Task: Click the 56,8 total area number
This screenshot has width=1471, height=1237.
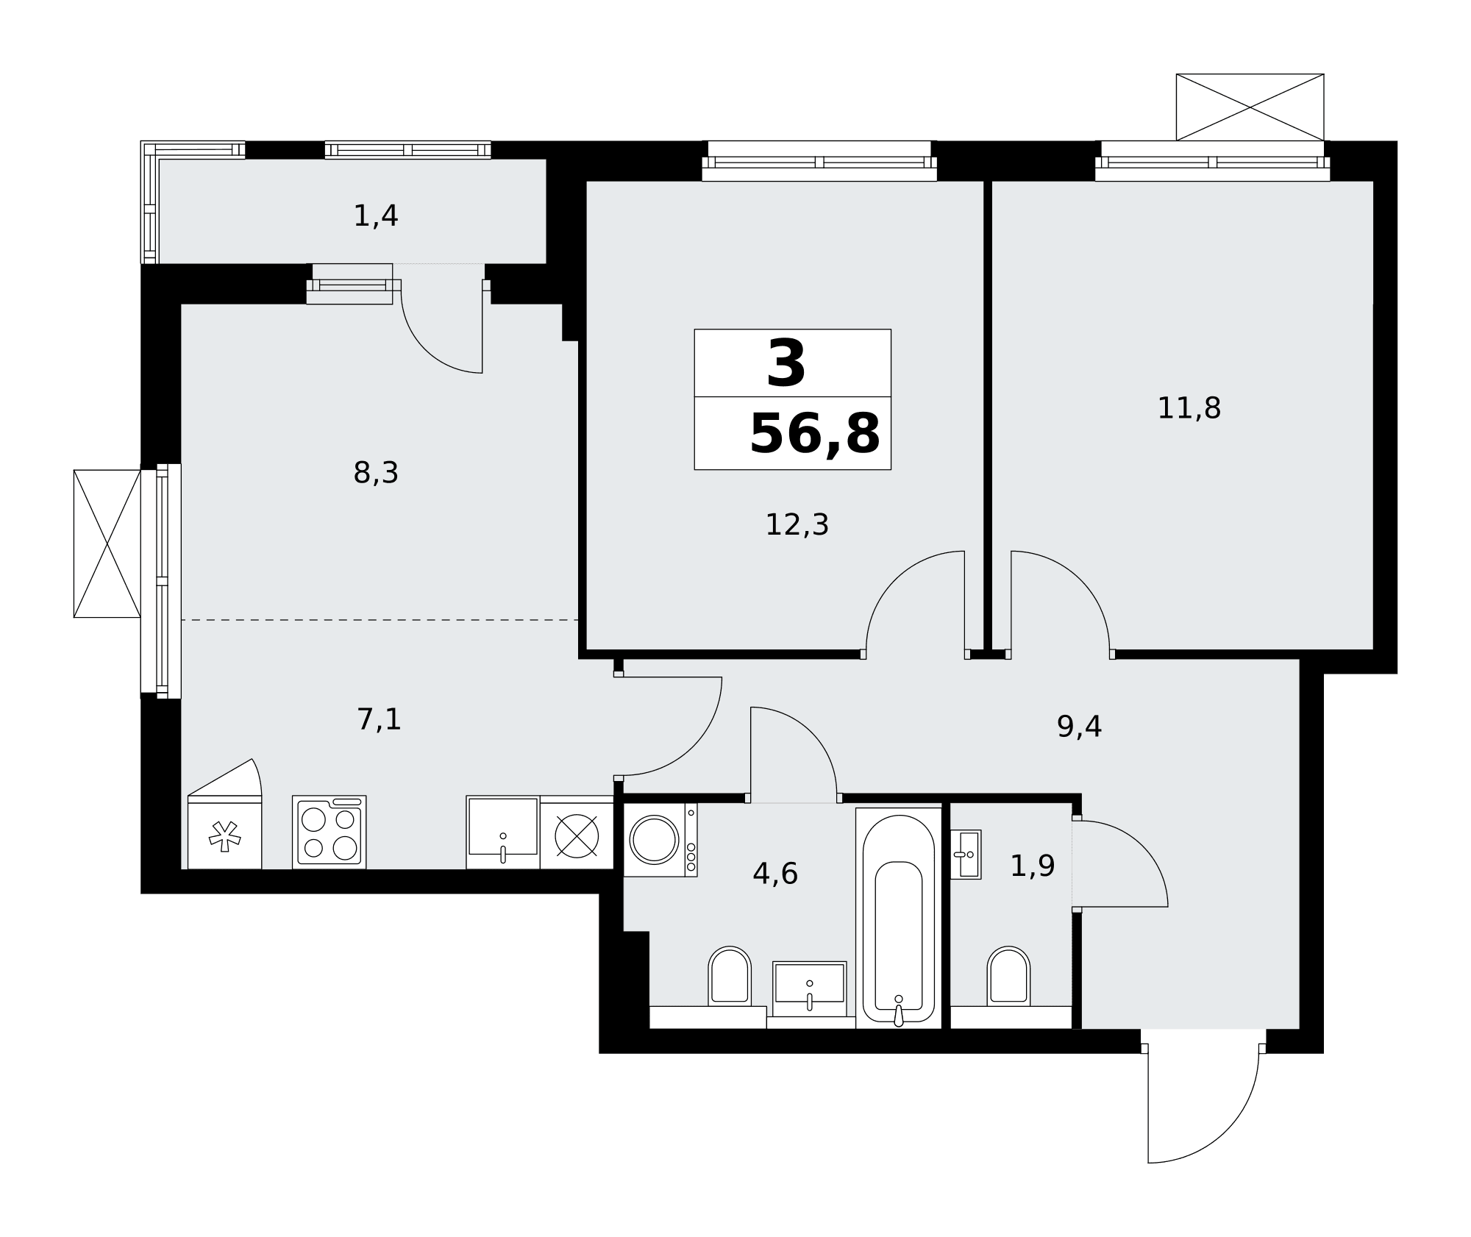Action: (814, 434)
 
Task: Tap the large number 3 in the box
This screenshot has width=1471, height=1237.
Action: (786, 363)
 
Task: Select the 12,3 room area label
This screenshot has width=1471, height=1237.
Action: (797, 525)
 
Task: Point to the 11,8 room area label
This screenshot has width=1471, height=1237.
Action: (1189, 408)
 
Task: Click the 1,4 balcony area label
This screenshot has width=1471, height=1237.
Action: (376, 216)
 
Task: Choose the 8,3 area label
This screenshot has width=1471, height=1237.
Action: (376, 473)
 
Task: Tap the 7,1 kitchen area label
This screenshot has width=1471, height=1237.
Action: (379, 719)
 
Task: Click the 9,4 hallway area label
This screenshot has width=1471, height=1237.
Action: (1079, 727)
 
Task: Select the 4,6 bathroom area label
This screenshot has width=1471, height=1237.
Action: (775, 874)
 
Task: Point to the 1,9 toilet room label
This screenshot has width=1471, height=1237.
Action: (1033, 866)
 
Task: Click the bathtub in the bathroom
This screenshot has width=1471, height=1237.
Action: (899, 918)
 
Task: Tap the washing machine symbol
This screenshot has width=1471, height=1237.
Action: (660, 840)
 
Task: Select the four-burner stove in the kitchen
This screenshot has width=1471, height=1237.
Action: (329, 832)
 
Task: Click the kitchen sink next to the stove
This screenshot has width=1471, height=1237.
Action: (503, 832)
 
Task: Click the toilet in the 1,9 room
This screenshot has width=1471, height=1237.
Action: (1008, 976)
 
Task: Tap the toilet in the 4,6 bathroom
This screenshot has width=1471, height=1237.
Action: (730, 976)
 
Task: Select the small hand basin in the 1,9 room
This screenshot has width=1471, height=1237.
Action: (966, 855)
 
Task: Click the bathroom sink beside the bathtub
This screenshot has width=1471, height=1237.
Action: (809, 989)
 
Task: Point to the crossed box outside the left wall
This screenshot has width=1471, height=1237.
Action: (107, 543)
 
